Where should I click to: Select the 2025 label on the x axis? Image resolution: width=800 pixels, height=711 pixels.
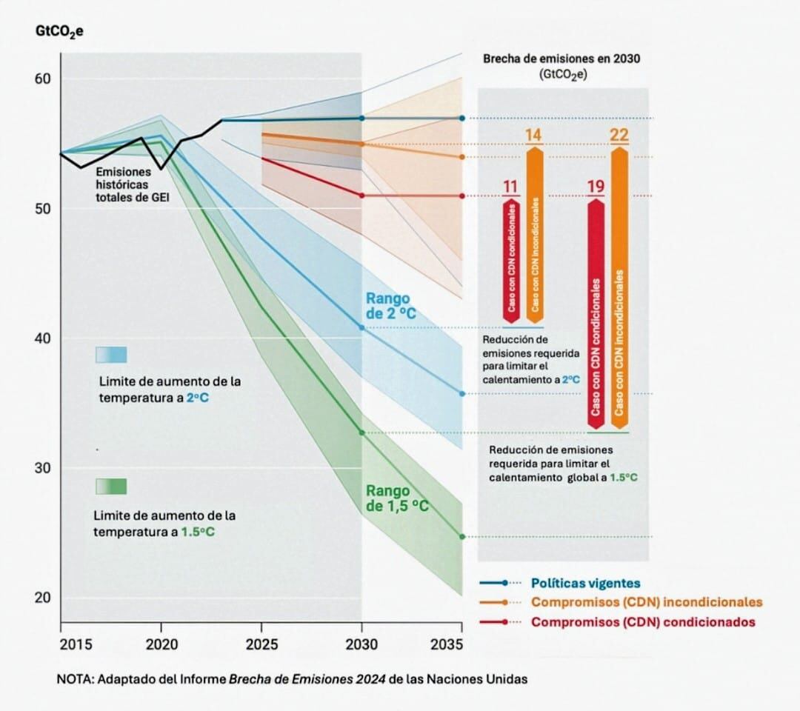point(261,644)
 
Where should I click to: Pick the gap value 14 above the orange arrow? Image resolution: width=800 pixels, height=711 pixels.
point(534,136)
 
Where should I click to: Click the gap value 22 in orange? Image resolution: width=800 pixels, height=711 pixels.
point(619,136)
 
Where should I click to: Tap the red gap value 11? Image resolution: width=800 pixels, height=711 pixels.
point(510,186)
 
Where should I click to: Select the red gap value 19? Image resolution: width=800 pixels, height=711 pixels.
point(596,186)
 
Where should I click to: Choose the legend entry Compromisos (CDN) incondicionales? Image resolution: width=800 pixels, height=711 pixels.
point(647,602)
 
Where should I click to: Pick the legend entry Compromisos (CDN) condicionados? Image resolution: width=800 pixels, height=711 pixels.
point(643,622)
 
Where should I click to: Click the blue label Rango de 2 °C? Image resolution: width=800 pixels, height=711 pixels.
point(390,306)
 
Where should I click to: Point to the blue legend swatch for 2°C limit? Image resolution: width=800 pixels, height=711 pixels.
point(111,355)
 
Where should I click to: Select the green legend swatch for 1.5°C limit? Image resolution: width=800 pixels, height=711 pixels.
point(111,486)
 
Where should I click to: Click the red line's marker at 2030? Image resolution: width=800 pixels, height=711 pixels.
point(361,196)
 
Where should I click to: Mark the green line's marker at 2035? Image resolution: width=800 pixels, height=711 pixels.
point(462,537)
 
